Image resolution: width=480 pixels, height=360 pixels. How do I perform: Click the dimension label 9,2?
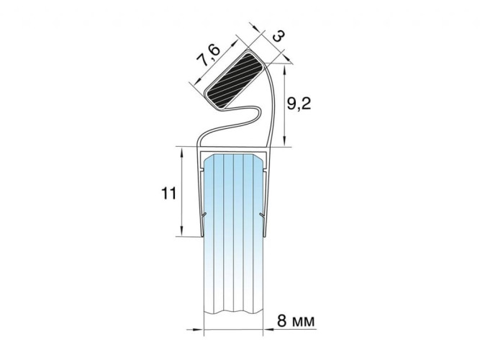click(299, 104)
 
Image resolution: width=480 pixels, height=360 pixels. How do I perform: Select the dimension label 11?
click(168, 194)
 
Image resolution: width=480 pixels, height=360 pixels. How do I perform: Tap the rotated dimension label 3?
click(279, 36)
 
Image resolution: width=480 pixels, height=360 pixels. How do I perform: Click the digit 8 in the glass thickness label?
click(282, 321)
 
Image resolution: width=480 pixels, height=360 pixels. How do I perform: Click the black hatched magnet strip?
click(234, 80)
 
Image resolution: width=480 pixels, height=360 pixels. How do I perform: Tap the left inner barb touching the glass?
click(204, 215)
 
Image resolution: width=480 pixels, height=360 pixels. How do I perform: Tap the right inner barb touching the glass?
click(262, 215)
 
